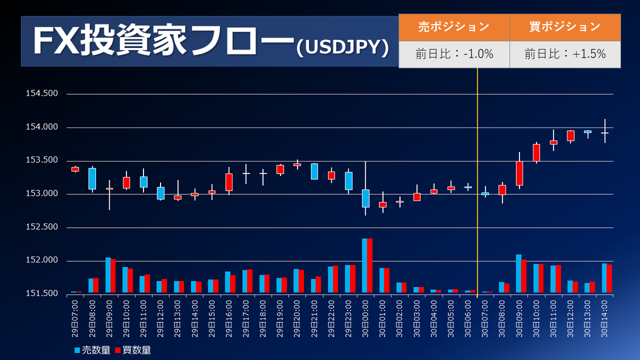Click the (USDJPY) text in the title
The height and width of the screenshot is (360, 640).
(342, 47)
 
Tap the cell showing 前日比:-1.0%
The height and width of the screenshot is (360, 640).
(454, 54)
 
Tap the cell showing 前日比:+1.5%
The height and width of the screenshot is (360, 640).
(565, 54)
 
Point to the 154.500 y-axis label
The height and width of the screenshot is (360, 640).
(42, 94)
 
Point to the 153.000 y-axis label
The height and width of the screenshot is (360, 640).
(42, 194)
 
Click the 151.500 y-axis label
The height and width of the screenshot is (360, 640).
(42, 294)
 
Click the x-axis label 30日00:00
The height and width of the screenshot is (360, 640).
(366, 317)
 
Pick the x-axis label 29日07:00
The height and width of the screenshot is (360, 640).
(75, 317)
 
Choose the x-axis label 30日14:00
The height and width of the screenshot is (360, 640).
(605, 317)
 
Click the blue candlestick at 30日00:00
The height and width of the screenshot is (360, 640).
(365, 198)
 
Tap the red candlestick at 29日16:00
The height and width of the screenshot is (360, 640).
(229, 182)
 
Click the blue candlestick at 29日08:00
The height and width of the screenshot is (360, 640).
(92, 179)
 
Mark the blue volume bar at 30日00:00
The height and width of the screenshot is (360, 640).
(364, 266)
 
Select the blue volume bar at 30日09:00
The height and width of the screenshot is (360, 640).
(518, 274)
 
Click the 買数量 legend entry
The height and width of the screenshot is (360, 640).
(133, 350)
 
